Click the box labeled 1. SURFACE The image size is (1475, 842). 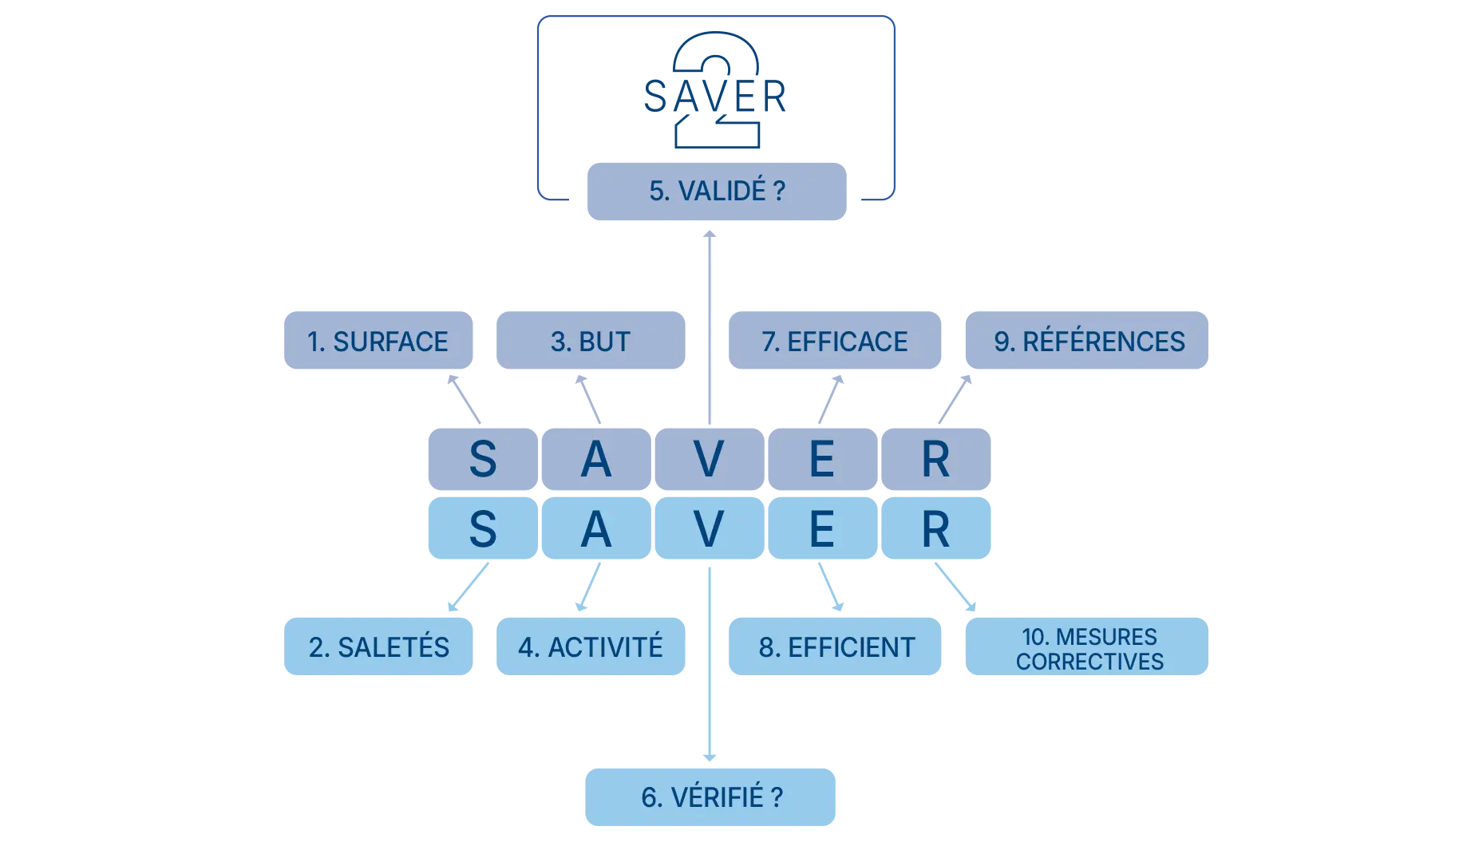click(x=378, y=341)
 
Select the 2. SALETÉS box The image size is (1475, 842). click(x=378, y=646)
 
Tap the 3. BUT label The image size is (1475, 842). click(x=591, y=341)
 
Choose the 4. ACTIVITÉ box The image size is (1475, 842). click(x=591, y=646)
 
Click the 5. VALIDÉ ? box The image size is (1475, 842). click(x=717, y=191)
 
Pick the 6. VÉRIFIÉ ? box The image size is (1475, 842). click(x=710, y=797)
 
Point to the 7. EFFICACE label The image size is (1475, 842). click(x=835, y=341)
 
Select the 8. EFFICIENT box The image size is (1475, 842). click(x=836, y=646)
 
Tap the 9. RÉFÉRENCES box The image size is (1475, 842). click(x=1088, y=341)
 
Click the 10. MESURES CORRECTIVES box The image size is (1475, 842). click(x=1089, y=647)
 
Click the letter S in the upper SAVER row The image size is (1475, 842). click(x=482, y=460)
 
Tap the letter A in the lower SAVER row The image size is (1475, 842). click(x=595, y=529)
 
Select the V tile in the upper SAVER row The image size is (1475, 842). click(x=709, y=460)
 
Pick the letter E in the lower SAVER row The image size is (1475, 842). click(x=822, y=529)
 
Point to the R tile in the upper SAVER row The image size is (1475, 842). click(x=935, y=460)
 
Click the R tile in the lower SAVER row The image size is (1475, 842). click(x=935, y=529)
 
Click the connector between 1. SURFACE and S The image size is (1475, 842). click(x=467, y=397)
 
